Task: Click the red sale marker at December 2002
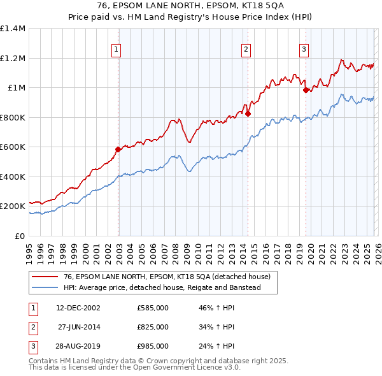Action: coord(118,150)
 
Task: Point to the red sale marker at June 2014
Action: coord(248,114)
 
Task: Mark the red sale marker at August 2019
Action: coord(306,90)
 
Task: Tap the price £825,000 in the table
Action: coord(153,327)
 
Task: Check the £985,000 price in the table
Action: coord(153,346)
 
